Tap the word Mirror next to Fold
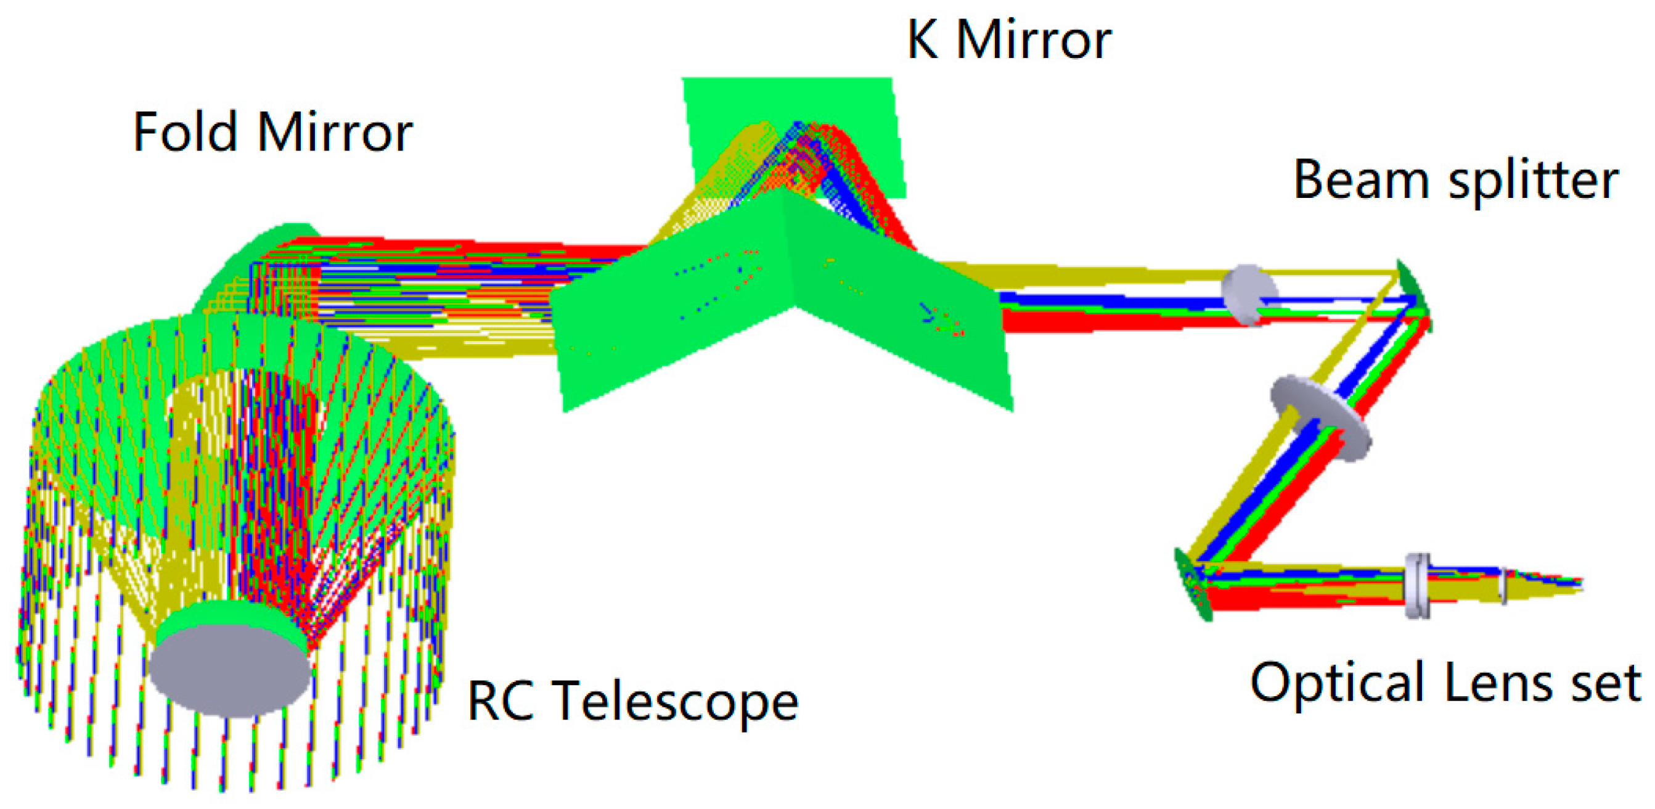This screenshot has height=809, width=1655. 335,133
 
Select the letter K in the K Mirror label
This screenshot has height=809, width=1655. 922,40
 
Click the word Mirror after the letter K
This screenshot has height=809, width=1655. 1034,40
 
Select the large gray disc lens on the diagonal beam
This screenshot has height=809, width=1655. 1321,417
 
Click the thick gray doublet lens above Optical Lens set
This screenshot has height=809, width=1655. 1417,585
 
